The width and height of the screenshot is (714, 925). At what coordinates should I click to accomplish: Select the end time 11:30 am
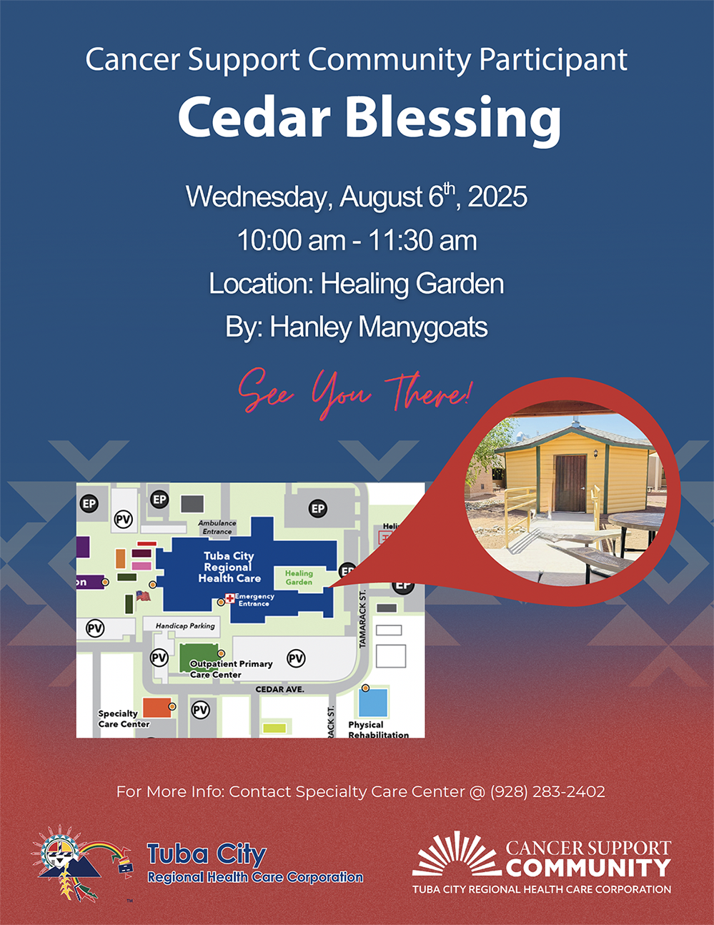(422, 240)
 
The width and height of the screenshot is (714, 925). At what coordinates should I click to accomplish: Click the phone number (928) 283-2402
(547, 792)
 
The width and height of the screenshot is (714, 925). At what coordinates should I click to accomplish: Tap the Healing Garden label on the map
(299, 578)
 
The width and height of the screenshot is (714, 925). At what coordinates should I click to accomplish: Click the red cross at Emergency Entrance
(229, 598)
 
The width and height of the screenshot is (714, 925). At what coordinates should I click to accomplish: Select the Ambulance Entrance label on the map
(217, 527)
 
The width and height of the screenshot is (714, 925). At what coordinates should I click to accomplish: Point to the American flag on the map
(144, 595)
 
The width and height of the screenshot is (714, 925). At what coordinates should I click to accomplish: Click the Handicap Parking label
(185, 625)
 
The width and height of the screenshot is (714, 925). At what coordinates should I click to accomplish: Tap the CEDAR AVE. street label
(279, 689)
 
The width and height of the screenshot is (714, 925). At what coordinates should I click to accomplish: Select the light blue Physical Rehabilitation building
(373, 703)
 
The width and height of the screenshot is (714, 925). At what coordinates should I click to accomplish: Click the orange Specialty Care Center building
(157, 708)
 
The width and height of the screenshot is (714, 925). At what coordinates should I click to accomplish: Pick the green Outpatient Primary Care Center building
(199, 658)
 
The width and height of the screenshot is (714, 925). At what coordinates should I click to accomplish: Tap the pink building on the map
(142, 565)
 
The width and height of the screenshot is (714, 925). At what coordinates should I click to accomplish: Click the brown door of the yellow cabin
(570, 483)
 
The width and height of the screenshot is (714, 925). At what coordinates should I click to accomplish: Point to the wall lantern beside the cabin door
(595, 453)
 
